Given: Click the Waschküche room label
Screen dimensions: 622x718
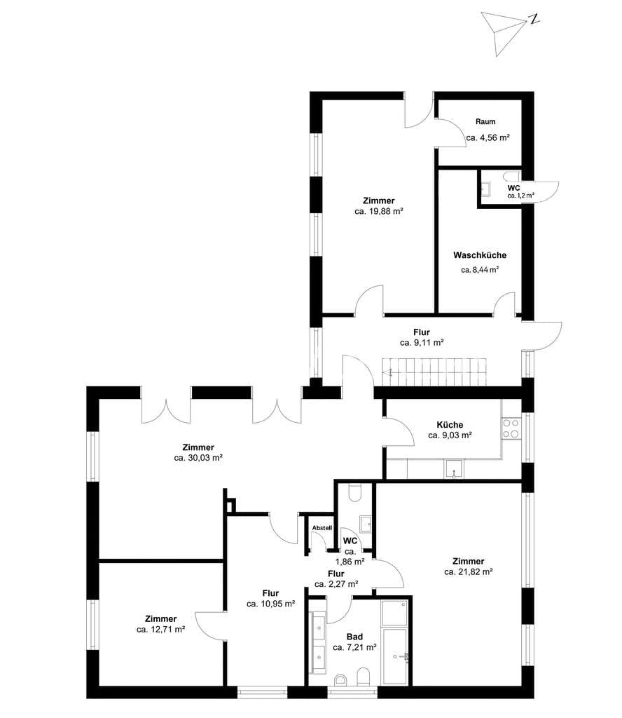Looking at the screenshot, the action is pos(480,255).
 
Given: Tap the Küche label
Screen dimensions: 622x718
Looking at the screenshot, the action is pos(450,424).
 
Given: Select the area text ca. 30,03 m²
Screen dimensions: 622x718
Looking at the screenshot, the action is pos(198,457).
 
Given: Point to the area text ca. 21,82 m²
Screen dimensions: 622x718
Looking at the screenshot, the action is pos(469,571).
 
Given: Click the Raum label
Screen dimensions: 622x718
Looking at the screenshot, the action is pos(485,122).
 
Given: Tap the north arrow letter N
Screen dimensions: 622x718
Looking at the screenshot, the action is pos(533,19).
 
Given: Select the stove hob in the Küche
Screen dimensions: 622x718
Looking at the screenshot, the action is pos(511,428).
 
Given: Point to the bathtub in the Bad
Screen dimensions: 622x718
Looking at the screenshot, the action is pos(394,656).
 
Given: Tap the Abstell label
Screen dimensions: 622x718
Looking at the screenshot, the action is pos(322,528).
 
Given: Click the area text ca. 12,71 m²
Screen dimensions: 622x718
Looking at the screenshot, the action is pos(160,629).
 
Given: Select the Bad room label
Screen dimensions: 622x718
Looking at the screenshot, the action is pos(354,637).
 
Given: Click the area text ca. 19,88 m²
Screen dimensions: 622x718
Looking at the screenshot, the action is pos(379,211).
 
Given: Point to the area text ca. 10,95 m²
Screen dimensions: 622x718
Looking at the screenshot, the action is pos(271,604).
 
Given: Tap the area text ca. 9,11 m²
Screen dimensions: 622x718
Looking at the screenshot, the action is pos(422,342).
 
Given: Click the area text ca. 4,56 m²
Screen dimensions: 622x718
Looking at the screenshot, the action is pos(488,137).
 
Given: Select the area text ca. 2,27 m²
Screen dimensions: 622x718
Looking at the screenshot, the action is pos(336,584).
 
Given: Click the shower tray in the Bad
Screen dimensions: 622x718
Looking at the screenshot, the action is pos(394,613).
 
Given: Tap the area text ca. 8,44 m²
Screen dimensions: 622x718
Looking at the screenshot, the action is pos(480,270).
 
